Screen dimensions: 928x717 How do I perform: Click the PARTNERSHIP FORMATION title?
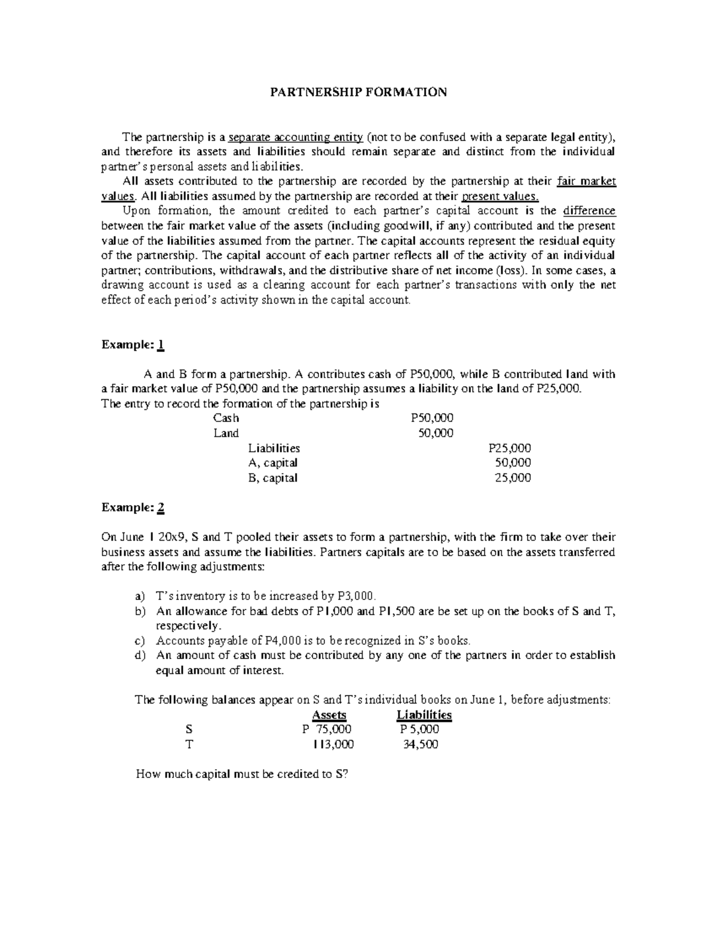click(358, 92)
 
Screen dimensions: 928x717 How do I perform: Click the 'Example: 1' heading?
click(133, 345)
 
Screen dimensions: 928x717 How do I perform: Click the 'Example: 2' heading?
click(133, 507)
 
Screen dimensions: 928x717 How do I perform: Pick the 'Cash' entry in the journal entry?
click(226, 418)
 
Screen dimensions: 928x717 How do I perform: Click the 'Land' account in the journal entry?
click(226, 433)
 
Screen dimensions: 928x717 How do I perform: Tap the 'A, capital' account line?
click(272, 463)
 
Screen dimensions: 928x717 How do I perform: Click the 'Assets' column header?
click(329, 715)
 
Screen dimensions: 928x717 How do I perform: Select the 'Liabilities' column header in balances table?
click(424, 715)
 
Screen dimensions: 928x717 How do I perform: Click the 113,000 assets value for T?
click(333, 745)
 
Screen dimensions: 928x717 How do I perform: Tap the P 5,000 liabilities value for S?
click(419, 730)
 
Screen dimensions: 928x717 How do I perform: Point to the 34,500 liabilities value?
click(421, 745)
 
